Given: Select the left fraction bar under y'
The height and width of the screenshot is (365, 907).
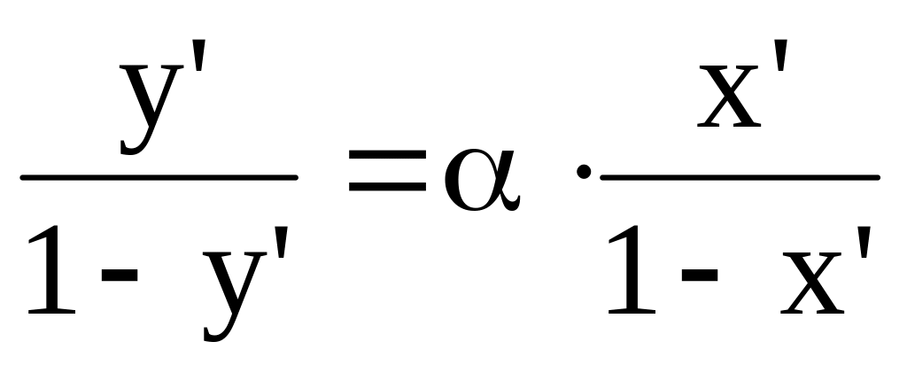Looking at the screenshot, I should [159, 177].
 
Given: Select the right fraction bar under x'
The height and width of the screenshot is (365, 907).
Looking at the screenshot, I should [740, 177].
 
